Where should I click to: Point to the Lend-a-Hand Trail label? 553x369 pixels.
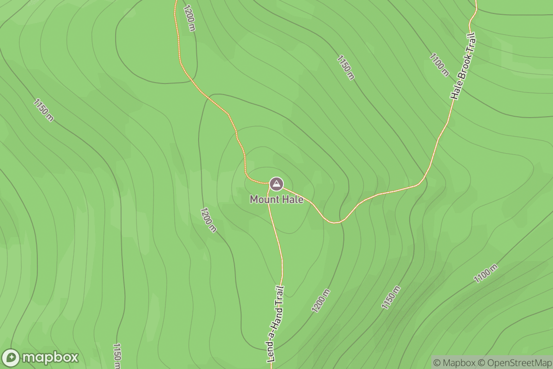tap(275, 324)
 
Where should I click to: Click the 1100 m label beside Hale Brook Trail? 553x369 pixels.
tap(439, 65)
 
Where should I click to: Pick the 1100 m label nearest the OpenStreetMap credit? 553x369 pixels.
tap(486, 274)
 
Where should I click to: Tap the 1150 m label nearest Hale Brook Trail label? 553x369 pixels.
tap(346, 67)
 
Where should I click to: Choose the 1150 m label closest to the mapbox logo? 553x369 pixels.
tap(117, 355)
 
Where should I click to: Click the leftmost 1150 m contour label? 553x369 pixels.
tap(44, 110)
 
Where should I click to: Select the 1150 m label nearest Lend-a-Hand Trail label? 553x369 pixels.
tap(390, 297)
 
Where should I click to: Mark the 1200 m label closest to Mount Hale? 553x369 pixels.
tap(208, 220)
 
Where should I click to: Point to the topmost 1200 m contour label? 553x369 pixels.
tap(189, 18)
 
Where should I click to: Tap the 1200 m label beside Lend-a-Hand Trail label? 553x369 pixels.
tap(321, 301)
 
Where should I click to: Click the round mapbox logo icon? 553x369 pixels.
tap(11, 358)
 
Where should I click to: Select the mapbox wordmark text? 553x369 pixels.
tap(50, 358)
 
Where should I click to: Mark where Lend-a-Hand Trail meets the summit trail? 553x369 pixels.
tap(270, 187)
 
